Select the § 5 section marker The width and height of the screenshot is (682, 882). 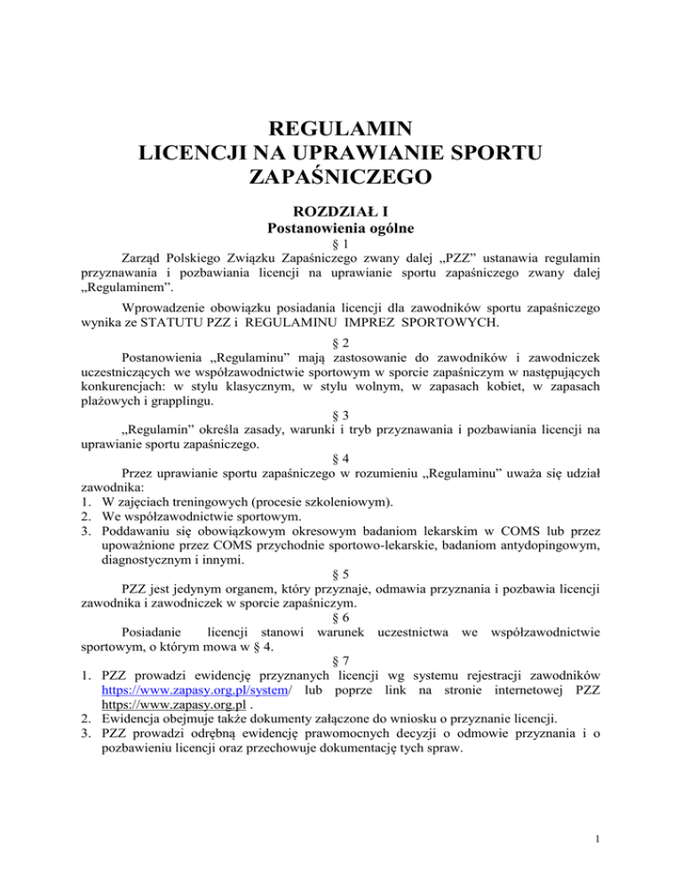(x=341, y=573)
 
